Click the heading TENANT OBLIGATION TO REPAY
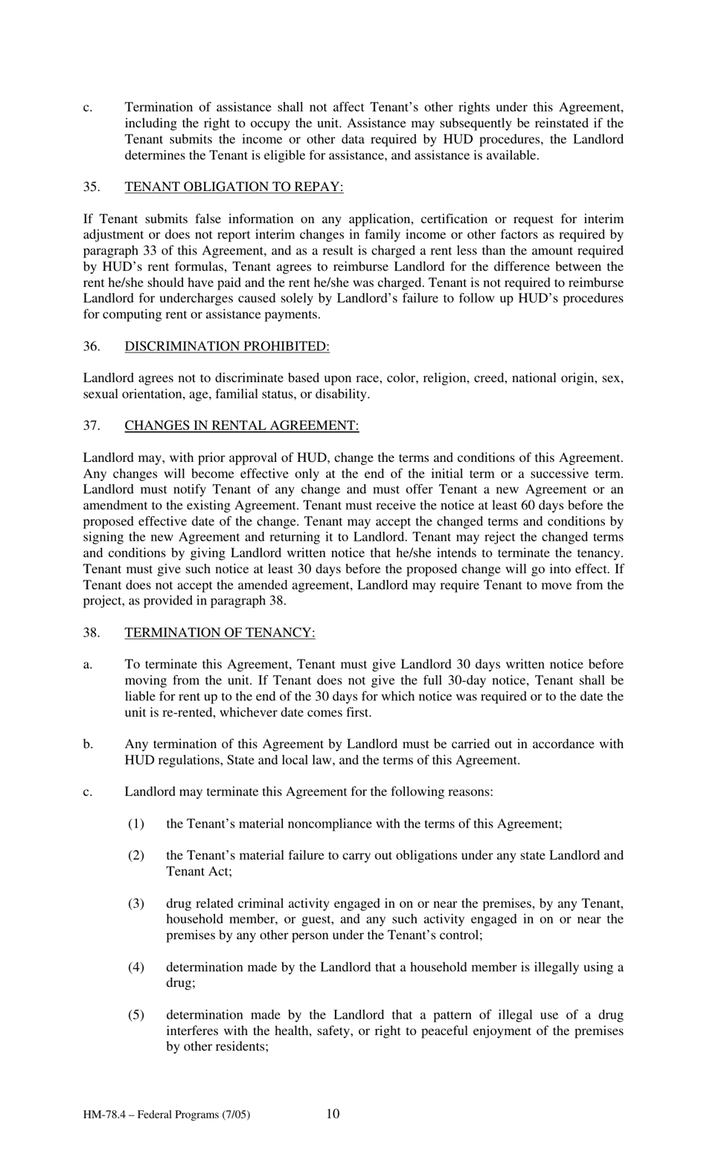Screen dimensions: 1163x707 234,187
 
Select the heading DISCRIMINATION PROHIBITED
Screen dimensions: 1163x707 226,347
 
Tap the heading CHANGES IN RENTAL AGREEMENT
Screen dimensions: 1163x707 241,426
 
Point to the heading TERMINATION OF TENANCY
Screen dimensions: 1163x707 220,633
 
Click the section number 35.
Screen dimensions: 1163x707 91,187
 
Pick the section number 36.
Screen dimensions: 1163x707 91,347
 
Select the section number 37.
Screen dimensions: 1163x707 91,426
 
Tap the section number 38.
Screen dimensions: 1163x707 91,633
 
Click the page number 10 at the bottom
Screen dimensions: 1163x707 333,1113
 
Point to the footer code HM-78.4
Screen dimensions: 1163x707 104,1115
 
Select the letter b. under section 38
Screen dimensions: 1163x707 88,744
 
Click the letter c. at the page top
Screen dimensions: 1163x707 87,108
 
